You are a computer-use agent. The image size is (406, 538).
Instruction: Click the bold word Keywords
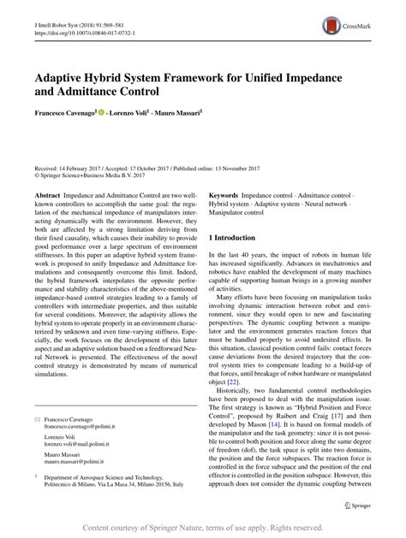(225, 195)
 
